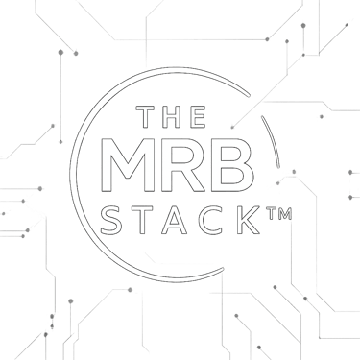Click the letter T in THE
pos(147,117)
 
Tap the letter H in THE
pos(173,117)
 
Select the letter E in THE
pos(199,117)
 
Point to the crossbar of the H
pos(173,117)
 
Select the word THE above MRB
pos(173,117)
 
